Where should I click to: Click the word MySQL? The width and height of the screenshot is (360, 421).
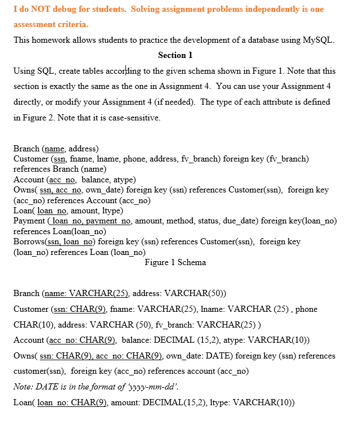pos(318,40)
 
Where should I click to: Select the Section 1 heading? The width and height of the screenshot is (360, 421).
pos(175,55)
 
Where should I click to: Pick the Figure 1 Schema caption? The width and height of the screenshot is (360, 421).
pos(175,262)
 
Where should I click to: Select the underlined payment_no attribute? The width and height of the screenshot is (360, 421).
pos(109,221)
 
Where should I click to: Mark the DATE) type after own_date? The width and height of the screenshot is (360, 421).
pos(218,356)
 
